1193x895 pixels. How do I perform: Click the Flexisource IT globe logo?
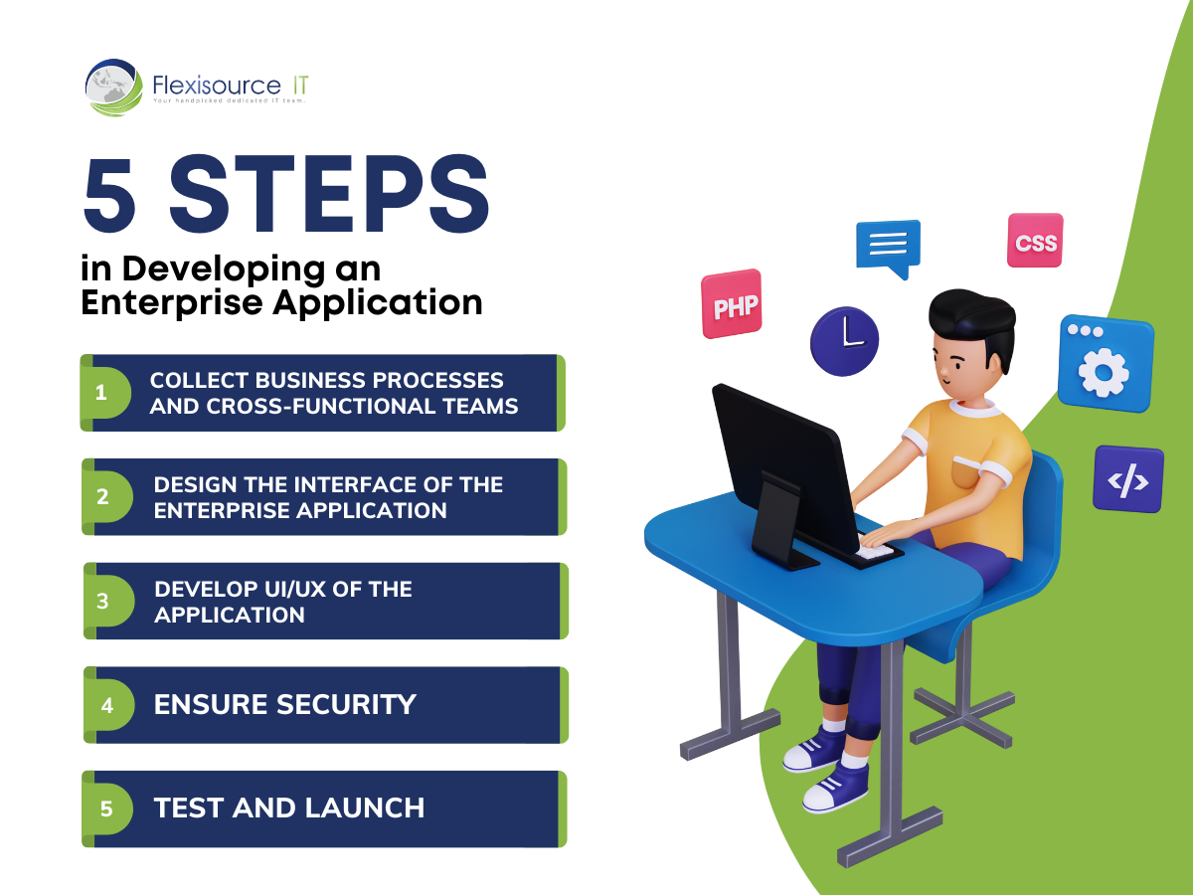pos(113,88)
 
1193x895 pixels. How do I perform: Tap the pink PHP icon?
pos(732,303)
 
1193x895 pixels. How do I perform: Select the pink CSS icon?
pos(1035,241)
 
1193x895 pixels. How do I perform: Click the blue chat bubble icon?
pos(888,249)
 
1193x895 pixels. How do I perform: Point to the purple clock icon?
pos(844,341)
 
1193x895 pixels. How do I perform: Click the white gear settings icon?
pos(1104,373)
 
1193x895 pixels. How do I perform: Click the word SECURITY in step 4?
pos(346,705)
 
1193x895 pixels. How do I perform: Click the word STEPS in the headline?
pos(329,194)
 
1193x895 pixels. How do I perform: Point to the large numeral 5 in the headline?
pos(109,195)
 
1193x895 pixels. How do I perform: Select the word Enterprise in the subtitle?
pos(172,303)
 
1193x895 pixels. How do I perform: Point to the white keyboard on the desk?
pos(874,551)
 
